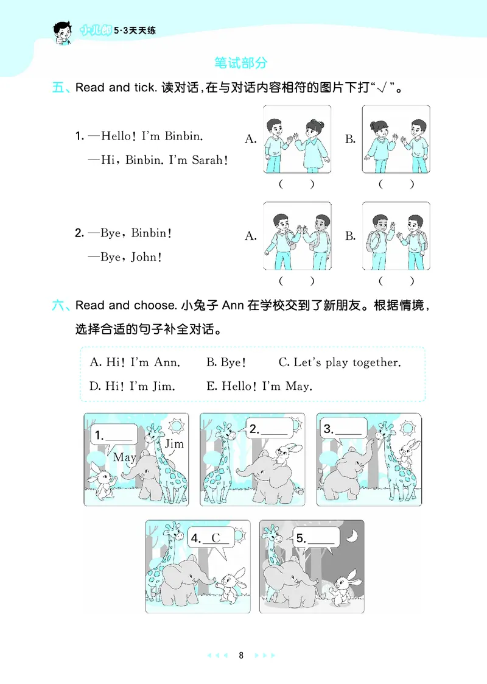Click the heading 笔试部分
pos(241,62)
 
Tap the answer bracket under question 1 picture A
pos(296,184)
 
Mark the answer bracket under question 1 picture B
pos(396,184)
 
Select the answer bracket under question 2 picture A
pos(296,281)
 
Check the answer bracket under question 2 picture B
pos(396,281)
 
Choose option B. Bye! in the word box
pos(226,362)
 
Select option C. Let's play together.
pos(340,362)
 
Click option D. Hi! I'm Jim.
pos(132,386)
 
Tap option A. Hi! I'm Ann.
pos(135,362)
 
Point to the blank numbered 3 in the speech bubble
pos(349,429)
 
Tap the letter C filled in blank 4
pos(215,538)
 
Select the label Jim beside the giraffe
pos(174,443)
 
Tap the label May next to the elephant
pos(125,457)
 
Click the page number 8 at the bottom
pos(242,656)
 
